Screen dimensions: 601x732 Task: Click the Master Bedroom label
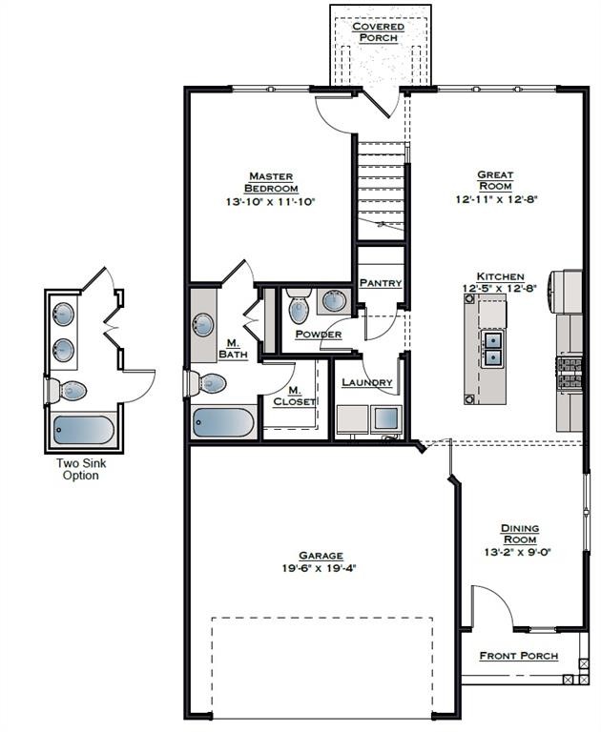(x=271, y=183)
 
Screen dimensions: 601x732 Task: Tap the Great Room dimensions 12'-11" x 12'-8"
(x=497, y=199)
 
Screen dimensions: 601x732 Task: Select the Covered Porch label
(x=378, y=32)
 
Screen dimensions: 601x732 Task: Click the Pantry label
(x=381, y=283)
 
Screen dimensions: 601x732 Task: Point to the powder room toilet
(x=299, y=305)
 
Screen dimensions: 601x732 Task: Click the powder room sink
(x=334, y=299)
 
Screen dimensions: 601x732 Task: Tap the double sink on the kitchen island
(x=493, y=349)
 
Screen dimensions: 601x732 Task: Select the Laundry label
(x=367, y=382)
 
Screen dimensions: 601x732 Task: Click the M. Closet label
(x=294, y=396)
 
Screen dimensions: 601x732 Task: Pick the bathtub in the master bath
(x=223, y=423)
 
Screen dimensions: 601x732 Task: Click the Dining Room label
(x=520, y=534)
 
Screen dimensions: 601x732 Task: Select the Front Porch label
(x=519, y=656)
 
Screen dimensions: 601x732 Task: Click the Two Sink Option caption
(x=81, y=470)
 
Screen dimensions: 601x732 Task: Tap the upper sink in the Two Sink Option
(x=63, y=314)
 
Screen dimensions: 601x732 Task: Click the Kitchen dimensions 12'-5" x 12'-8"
(x=500, y=289)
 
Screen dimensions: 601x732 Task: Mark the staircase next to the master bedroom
(x=381, y=191)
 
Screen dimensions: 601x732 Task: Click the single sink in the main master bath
(x=203, y=325)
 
